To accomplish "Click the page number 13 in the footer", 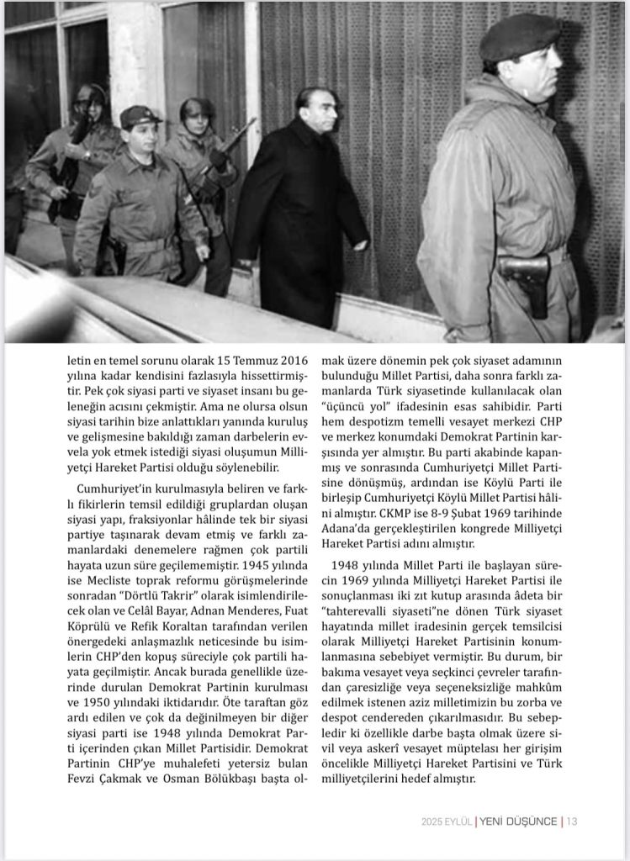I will [571, 822].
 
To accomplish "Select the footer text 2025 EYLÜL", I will [447, 822].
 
